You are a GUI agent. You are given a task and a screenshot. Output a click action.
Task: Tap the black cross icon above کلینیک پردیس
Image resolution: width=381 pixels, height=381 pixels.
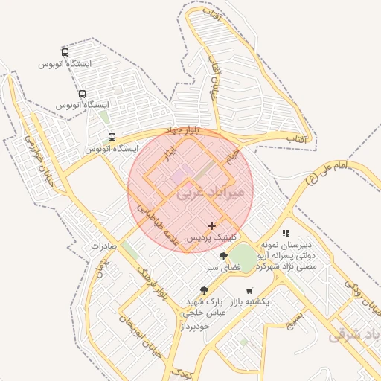click(x=212, y=225)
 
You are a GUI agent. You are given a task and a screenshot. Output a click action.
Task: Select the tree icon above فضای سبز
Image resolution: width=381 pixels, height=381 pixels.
click(x=223, y=257)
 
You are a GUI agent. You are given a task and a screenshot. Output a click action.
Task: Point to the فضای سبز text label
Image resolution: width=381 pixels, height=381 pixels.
click(x=222, y=267)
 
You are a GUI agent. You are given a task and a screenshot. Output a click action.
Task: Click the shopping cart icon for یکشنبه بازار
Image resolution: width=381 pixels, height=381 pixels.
click(x=249, y=290)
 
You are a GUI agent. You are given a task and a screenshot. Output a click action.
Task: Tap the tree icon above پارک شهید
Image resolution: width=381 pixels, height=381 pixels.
click(x=205, y=290)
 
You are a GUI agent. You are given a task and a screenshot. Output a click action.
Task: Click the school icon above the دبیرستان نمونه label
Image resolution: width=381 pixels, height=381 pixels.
click(x=286, y=233)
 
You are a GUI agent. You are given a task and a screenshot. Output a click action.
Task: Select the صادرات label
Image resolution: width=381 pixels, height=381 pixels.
click(x=105, y=245)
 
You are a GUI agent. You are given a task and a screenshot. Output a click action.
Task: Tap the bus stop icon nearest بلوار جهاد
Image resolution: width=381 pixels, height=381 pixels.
click(x=112, y=137)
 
